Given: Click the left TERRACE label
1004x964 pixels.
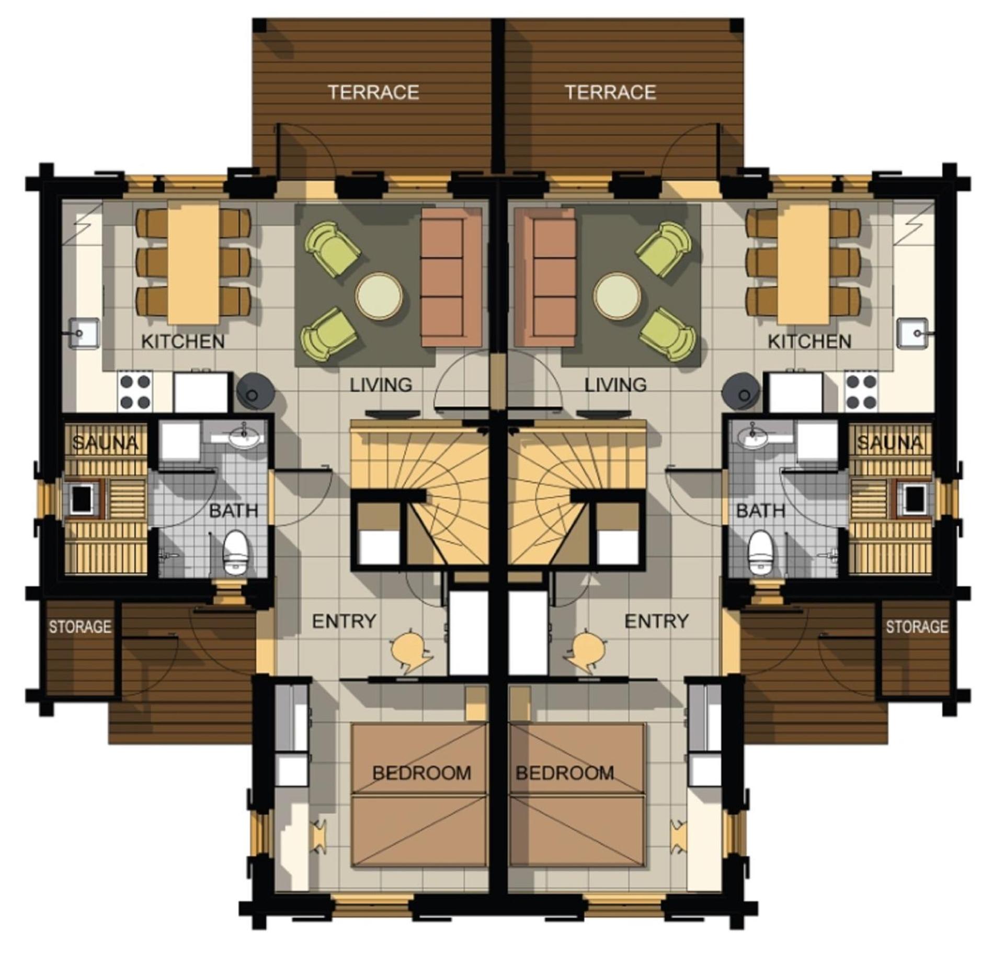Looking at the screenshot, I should coord(373,93).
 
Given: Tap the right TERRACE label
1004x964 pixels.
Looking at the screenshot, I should coord(610,93).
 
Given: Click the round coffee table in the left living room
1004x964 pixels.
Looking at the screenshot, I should coord(379,296).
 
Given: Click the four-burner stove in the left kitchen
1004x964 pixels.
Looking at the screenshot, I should coord(135,392).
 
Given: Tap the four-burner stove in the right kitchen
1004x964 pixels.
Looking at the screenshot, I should coord(861,392).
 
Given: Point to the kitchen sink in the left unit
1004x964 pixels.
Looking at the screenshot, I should coord(84,333).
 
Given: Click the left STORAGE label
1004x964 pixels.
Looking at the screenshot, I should coord(80,626).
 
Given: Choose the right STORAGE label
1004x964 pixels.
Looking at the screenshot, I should coord(916,626).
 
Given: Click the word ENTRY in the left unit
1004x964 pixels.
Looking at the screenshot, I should coord(344,621).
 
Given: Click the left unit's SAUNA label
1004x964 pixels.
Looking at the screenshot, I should coord(105,443).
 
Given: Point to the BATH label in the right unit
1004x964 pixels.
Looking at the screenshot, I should coord(760,510).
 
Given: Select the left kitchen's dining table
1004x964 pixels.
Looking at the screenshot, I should coord(193,263).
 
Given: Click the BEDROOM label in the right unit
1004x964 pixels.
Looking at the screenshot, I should coord(565,773).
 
